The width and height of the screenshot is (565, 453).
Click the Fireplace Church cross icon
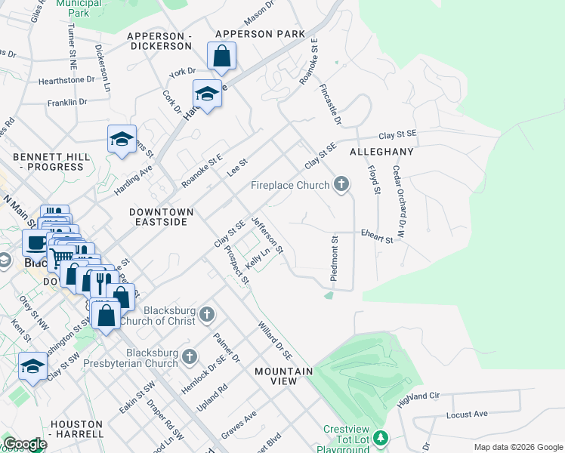coord(341,184)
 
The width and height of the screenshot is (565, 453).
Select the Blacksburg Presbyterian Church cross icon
coord(190,356)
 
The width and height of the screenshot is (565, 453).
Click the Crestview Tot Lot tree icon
coord(382,438)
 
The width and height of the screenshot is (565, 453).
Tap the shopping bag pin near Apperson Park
coord(221,56)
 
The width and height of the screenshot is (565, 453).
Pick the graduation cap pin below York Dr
coord(207,94)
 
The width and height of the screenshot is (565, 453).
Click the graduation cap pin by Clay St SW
coord(32,367)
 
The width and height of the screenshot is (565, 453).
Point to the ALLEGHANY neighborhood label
coord(381,152)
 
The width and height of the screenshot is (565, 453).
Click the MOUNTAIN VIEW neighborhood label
coord(283,377)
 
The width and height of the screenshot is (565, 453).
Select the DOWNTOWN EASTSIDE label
coord(161,219)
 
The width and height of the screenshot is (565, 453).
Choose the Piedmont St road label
coord(333,259)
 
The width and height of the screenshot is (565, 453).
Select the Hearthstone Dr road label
coord(66,79)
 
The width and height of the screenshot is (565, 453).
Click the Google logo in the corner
coord(24,445)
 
